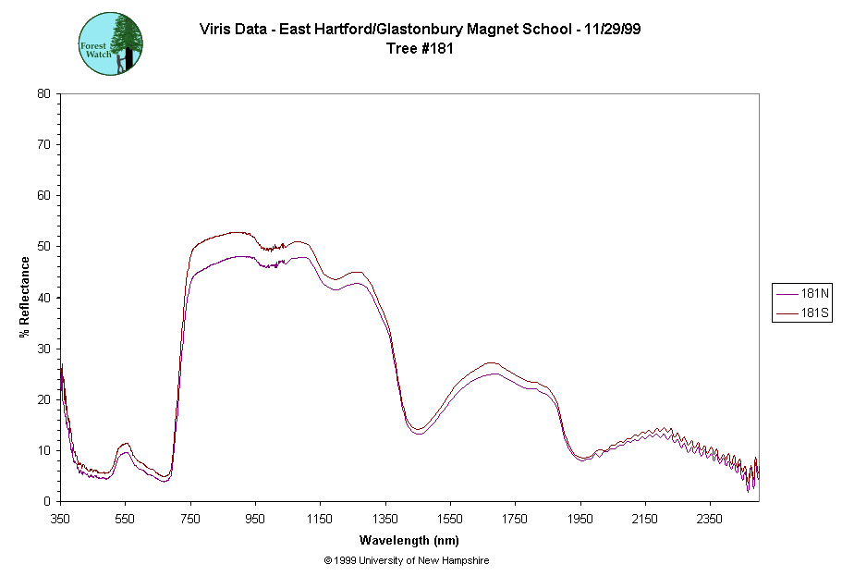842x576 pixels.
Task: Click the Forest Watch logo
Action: pos(111,43)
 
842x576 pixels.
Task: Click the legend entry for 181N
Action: pos(801,295)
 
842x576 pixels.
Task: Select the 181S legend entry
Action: pos(801,314)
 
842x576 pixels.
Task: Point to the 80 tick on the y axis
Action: pos(43,93)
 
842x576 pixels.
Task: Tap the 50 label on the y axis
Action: pos(43,247)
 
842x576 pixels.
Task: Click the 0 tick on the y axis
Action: pos(46,501)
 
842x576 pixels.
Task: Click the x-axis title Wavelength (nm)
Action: pos(409,541)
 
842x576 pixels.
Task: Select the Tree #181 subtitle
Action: pos(421,49)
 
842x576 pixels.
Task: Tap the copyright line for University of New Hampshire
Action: pos(407,560)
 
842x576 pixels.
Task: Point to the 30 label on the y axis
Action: pos(43,349)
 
